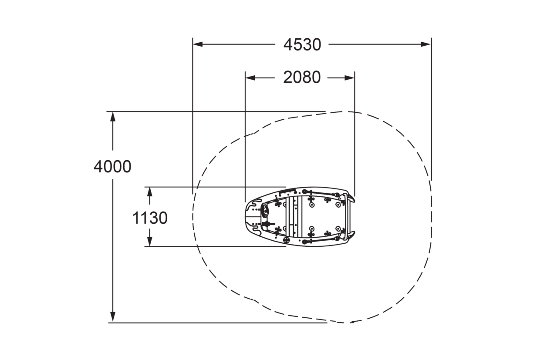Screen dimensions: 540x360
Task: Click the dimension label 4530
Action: [x=302, y=44]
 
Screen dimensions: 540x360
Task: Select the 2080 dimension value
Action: [x=302, y=77]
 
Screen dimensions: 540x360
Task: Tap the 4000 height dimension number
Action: [x=112, y=167]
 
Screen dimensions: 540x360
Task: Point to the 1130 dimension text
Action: [x=150, y=218]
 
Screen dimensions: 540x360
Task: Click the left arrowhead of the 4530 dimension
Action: [x=198, y=44]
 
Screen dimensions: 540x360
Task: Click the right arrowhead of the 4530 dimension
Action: [x=426, y=44]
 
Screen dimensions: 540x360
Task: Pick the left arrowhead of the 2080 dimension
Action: [x=250, y=78]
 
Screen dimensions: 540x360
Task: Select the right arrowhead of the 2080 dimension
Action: [x=350, y=78]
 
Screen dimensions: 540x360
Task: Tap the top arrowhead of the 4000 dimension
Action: [x=113, y=117]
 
